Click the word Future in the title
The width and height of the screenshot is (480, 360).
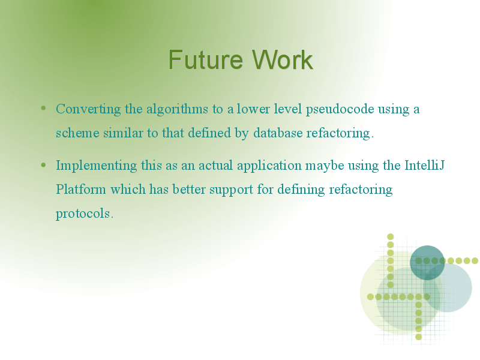tap(205, 59)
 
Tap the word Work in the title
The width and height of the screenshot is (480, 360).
tap(282, 59)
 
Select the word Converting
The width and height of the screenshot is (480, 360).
tap(88, 109)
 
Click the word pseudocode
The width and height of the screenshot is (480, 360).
tap(340, 109)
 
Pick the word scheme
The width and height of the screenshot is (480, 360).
tap(77, 133)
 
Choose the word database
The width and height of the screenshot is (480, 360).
tap(278, 133)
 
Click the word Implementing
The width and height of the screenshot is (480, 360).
tap(97, 166)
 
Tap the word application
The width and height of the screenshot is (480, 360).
tap(269, 166)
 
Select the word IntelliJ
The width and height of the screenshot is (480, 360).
tap(425, 166)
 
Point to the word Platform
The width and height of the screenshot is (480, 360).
tap(81, 190)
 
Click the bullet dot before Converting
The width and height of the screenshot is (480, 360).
tap(43, 108)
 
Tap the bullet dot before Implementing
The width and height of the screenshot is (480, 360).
tap(43, 165)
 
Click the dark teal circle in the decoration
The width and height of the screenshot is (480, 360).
tap(427, 263)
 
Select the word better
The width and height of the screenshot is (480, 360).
tap(189, 190)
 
